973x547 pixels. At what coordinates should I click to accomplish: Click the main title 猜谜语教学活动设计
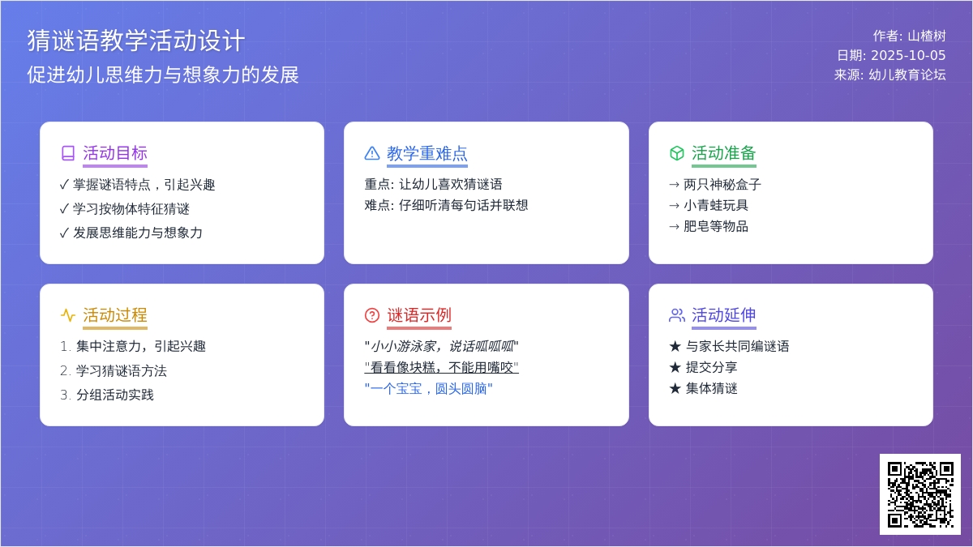pos(136,41)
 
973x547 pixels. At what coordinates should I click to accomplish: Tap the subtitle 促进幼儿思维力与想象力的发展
pos(163,75)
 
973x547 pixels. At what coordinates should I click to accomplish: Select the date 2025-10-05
pos(908,56)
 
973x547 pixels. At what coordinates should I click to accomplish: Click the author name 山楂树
pos(927,36)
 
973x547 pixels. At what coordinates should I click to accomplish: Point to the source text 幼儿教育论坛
pos(907,75)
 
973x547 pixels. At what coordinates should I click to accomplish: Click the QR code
pos(920,494)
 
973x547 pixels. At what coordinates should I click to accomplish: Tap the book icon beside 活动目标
pos(68,153)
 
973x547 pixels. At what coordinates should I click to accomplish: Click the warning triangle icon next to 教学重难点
pos(372,153)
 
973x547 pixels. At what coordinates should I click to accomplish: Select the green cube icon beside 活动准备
pos(677,153)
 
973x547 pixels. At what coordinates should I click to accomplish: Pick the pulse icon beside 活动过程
pos(68,315)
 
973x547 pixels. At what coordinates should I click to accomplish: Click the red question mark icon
pos(372,315)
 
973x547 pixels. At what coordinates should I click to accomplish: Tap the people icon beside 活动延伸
pos(677,315)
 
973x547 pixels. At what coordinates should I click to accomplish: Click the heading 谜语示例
pos(419,315)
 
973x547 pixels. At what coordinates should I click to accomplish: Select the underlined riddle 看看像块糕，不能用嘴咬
pos(442,367)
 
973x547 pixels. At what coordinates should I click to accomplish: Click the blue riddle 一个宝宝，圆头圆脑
pos(429,388)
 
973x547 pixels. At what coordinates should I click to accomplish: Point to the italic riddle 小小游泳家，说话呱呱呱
pos(442,346)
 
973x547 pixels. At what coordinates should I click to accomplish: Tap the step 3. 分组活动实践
pos(107,395)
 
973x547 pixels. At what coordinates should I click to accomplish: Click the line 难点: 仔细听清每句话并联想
pos(446,205)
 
